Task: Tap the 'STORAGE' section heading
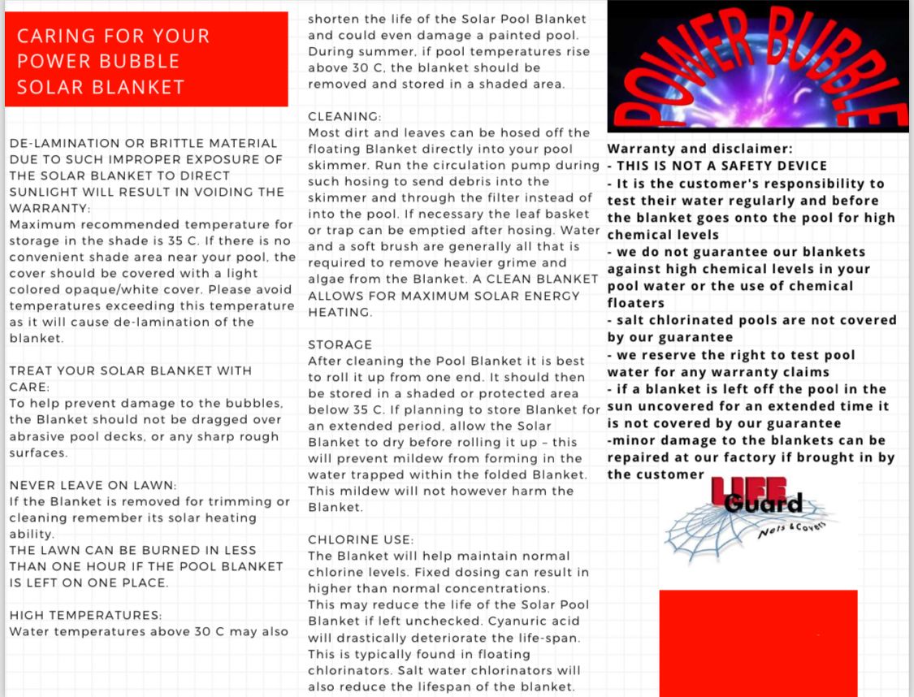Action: [340, 344]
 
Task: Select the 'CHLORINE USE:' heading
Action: [361, 539]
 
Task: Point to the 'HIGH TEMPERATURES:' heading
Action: [85, 615]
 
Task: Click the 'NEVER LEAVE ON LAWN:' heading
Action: [93, 485]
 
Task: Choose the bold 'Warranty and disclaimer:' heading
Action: [700, 149]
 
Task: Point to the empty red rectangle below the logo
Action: [757, 642]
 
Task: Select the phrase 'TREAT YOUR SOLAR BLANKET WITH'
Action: [131, 370]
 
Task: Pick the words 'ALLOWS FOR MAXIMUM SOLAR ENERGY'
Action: [444, 296]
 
